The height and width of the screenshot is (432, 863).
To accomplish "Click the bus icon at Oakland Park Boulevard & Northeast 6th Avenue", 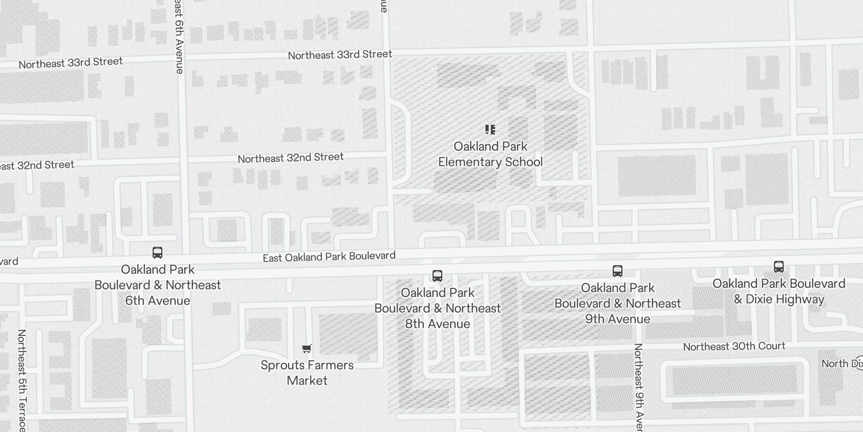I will tap(157, 252).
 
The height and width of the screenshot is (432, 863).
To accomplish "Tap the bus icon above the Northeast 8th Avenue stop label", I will tap(437, 276).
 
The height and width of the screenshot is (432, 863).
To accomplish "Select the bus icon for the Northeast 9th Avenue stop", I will tap(618, 271).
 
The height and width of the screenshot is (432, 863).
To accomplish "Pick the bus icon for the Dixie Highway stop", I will tap(779, 266).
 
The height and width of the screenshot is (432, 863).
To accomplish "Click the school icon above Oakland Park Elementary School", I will tap(490, 130).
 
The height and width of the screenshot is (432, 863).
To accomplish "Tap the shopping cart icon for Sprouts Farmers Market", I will tap(307, 349).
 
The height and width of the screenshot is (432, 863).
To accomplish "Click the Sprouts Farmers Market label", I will tap(307, 373).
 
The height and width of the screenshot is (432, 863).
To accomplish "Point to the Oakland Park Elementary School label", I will tap(490, 154).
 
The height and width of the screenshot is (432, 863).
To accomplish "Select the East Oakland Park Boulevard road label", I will tap(329, 256).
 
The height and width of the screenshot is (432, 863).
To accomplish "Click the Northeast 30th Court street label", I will tap(734, 346).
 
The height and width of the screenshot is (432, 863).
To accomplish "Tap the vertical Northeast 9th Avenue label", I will tap(639, 386).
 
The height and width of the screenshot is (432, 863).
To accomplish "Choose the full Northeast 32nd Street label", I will tap(291, 158).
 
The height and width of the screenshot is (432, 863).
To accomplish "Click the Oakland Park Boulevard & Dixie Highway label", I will tap(779, 291).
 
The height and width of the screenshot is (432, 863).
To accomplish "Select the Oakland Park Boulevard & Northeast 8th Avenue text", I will tap(437, 308).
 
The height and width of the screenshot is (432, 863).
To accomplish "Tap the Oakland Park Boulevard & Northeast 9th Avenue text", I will tap(618, 303).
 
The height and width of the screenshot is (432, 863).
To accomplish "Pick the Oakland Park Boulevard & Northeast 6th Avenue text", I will tap(157, 285).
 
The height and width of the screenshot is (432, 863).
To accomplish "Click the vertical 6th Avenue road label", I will tap(180, 38).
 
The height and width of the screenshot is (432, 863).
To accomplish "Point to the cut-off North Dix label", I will tap(841, 363).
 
